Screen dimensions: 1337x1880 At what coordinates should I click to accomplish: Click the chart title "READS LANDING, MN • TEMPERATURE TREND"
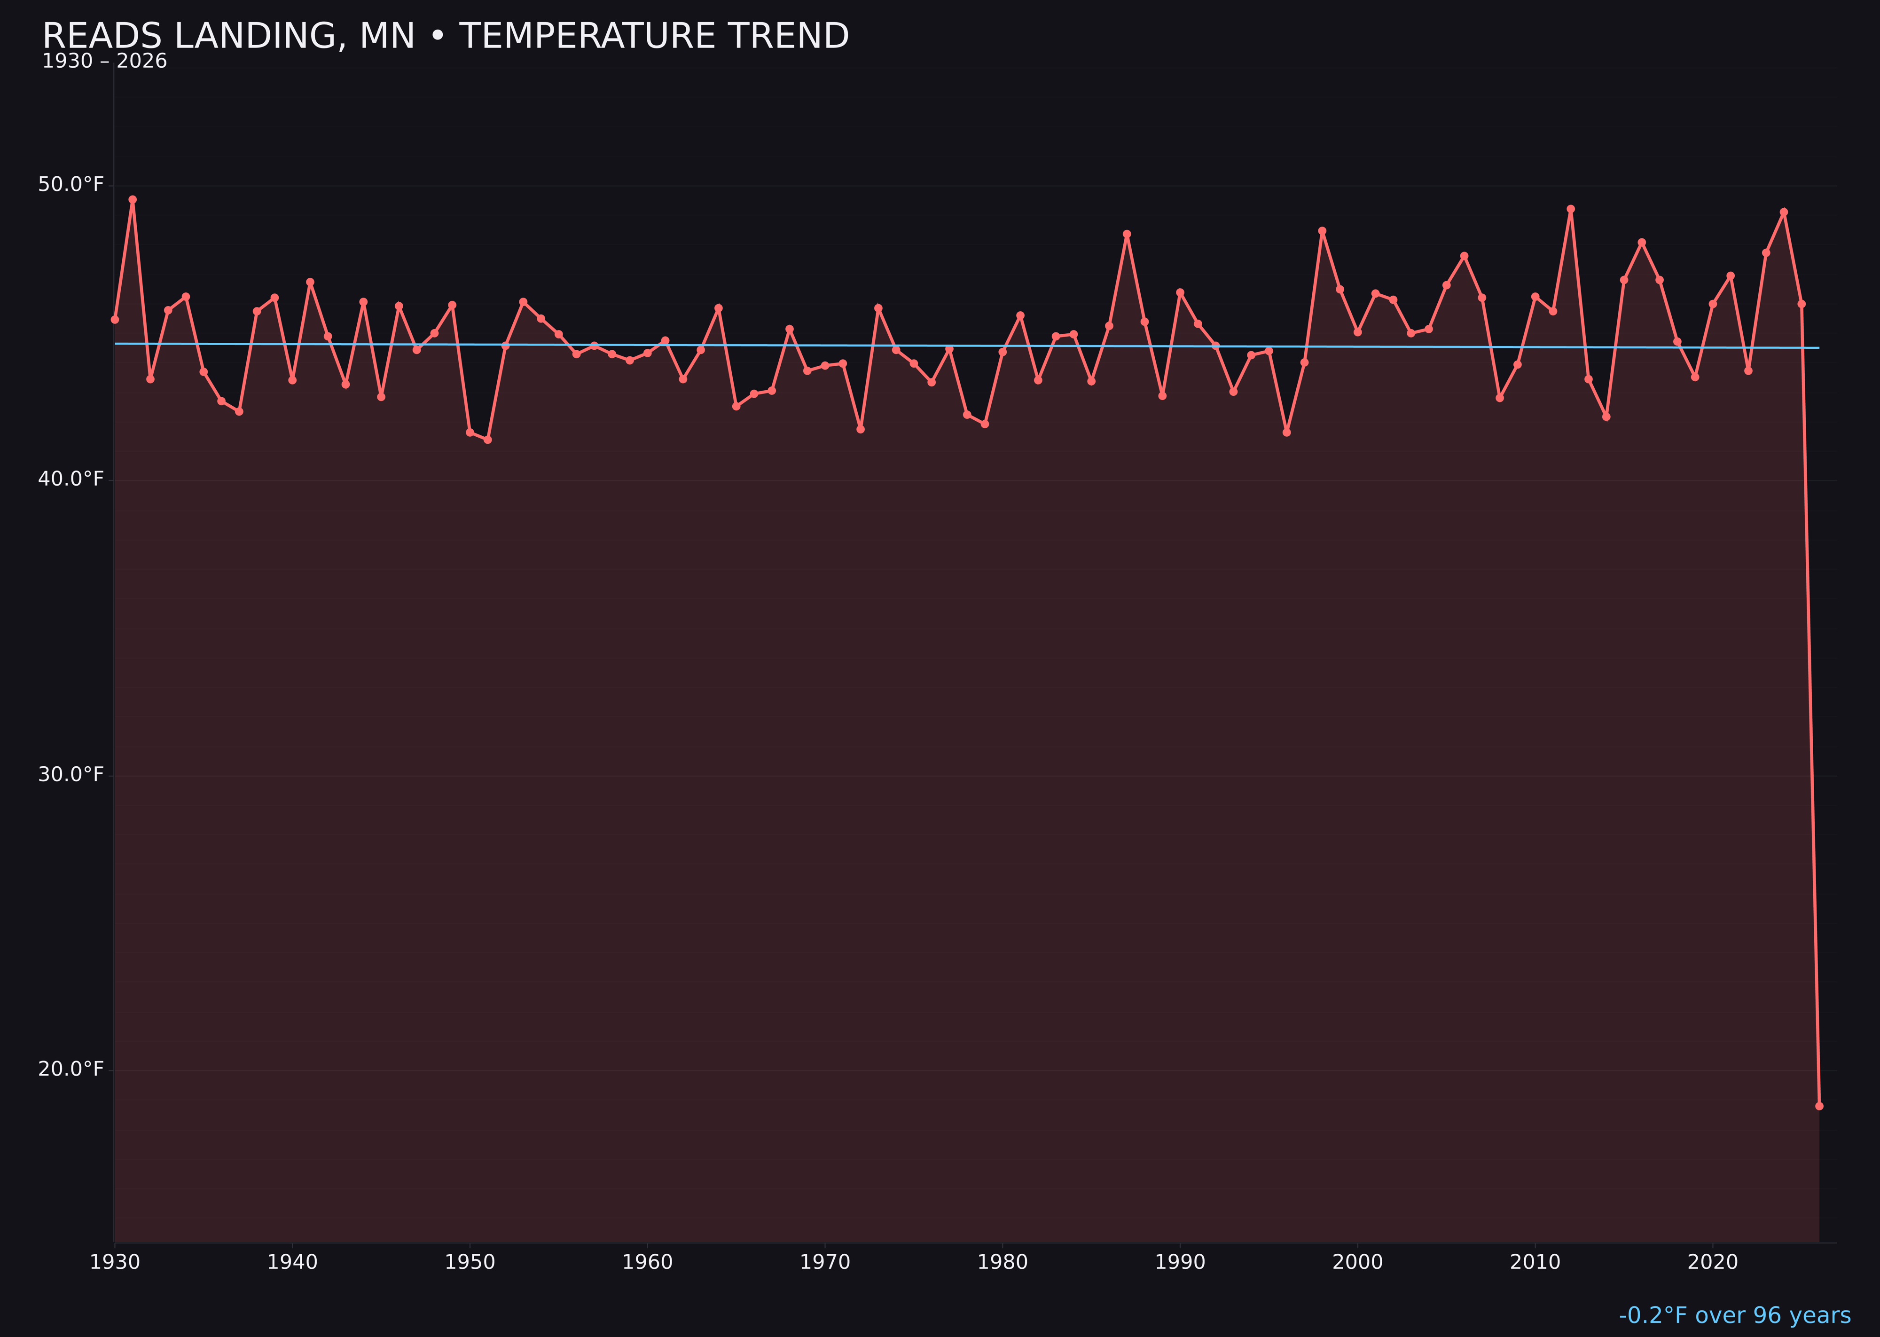[x=445, y=36]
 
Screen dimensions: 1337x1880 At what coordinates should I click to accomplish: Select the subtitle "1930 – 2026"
[x=104, y=62]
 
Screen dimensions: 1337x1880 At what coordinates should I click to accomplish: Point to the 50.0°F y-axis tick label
[x=71, y=184]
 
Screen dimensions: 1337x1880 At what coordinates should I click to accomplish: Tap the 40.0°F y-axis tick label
[x=71, y=479]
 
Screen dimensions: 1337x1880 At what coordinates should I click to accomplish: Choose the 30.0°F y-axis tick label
[x=71, y=775]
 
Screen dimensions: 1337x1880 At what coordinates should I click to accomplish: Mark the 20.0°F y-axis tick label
[x=71, y=1070]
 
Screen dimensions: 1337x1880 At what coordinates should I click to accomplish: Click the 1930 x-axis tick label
[x=114, y=1262]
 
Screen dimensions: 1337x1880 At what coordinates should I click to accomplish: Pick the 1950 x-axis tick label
[x=470, y=1262]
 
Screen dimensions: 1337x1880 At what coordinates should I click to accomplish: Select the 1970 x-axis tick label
[x=825, y=1262]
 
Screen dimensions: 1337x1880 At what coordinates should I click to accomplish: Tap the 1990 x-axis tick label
[x=1180, y=1262]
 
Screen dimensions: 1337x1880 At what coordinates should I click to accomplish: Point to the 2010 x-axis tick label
[x=1535, y=1262]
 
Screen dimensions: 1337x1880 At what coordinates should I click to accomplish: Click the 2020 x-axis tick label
[x=1713, y=1262]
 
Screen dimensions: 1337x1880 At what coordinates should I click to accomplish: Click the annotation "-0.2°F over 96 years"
[x=1734, y=1315]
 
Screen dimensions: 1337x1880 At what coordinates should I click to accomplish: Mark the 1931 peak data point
[x=133, y=199]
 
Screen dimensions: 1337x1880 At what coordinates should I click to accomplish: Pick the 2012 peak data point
[x=1571, y=209]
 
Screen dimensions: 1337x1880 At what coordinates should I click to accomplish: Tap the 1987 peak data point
[x=1127, y=234]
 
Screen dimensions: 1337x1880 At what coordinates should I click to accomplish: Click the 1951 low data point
[x=487, y=440]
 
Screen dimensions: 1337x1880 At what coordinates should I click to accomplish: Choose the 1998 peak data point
[x=1322, y=231]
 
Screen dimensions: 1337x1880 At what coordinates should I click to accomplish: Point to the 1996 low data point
[x=1286, y=432]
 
